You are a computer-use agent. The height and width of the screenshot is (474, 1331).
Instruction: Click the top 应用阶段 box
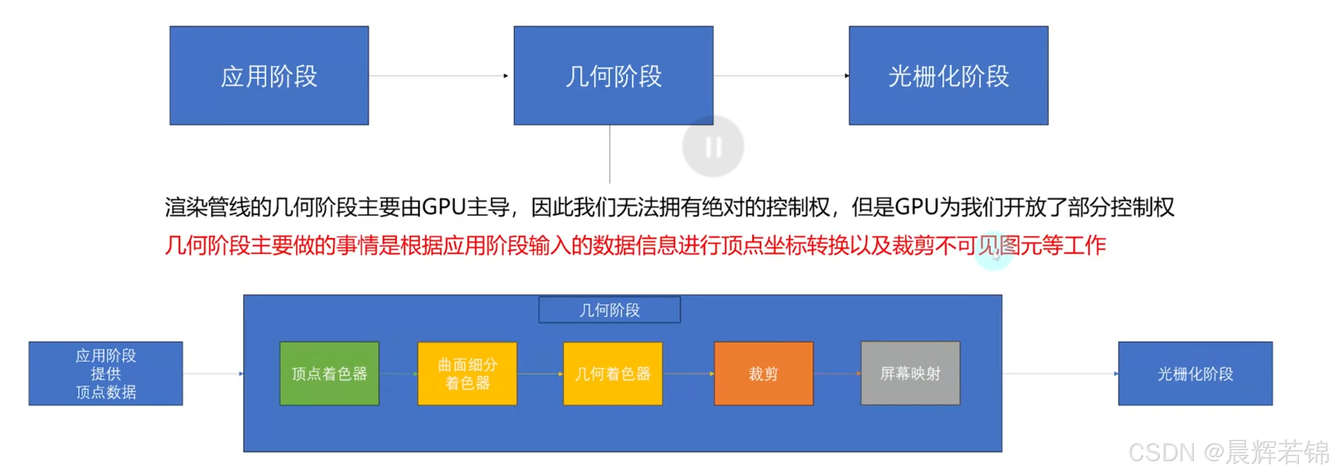pos(269,75)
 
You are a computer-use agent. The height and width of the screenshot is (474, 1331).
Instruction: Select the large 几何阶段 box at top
pos(613,75)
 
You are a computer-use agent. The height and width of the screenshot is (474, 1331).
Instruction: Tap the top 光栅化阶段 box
pos(948,75)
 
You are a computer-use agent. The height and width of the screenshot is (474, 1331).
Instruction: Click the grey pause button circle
pos(713,147)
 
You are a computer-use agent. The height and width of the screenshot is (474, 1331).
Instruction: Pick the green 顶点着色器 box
pos(329,373)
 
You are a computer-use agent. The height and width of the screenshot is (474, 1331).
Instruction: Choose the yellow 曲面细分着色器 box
pos(467,373)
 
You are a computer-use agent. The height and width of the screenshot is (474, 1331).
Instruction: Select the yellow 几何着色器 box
pos(613,373)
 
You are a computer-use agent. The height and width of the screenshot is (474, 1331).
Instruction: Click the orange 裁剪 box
pos(763,373)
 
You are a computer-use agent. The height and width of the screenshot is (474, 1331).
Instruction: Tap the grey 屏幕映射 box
pos(910,373)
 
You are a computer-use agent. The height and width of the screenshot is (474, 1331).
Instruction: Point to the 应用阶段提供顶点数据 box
pos(105,373)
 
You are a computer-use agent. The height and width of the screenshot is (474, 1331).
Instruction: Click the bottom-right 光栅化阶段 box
pos(1195,373)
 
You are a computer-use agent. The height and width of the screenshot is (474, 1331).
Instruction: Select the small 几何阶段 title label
pos(609,310)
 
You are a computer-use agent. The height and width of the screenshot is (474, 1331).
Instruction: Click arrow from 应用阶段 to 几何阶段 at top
pos(439,76)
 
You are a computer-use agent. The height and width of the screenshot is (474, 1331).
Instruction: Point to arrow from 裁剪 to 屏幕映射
pos(837,373)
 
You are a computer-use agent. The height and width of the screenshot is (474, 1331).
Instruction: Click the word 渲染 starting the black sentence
pos(186,207)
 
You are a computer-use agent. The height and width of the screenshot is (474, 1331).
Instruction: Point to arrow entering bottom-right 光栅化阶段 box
pos(1059,373)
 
